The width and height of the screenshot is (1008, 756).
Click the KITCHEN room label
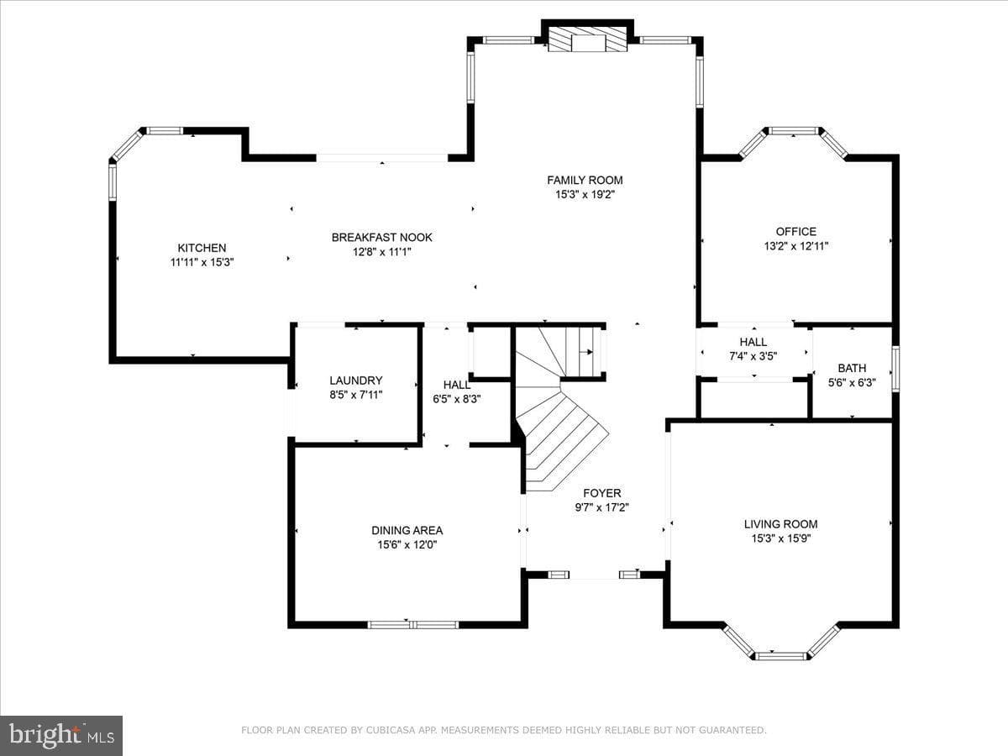click(x=202, y=248)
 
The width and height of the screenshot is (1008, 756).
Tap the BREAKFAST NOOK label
click(x=381, y=238)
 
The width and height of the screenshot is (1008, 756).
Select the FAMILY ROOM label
click(x=585, y=180)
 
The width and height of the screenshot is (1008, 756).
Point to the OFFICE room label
click(x=795, y=231)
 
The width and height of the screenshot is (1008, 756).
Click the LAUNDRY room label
click(x=356, y=380)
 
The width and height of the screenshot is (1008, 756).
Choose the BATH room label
click(x=852, y=368)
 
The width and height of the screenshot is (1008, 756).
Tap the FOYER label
click(x=602, y=493)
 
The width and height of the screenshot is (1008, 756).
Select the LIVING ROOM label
click(x=780, y=523)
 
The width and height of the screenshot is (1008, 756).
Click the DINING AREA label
click(x=407, y=530)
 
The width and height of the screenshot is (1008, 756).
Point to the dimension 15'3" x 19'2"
click(x=585, y=195)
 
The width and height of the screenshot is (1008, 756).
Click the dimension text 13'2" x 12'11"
click(x=795, y=246)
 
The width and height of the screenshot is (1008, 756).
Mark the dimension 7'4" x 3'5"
click(x=753, y=356)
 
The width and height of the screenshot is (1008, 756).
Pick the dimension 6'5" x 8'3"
click(x=456, y=399)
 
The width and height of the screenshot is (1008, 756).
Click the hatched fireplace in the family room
click(x=587, y=39)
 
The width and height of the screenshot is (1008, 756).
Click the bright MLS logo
click(x=61, y=735)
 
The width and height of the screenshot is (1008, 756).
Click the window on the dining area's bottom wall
click(x=413, y=624)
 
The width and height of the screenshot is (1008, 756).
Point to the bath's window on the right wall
click(x=895, y=369)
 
